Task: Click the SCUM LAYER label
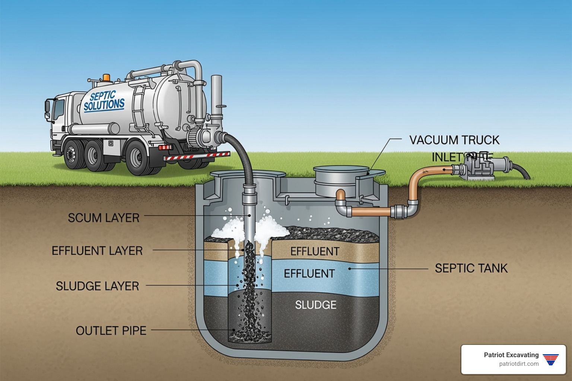104,218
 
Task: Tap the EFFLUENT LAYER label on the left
97,251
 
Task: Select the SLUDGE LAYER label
97,286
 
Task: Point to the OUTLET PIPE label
111,331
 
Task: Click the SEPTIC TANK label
471,268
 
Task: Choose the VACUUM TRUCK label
454,140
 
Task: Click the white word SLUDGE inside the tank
316,305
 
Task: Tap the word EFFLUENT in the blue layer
309,274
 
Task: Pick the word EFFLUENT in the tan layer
315,252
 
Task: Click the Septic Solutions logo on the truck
104,101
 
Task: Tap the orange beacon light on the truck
107,77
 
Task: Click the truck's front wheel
71,154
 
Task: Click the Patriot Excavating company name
511,355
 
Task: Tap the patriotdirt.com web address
519,364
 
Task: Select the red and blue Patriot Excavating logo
551,359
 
